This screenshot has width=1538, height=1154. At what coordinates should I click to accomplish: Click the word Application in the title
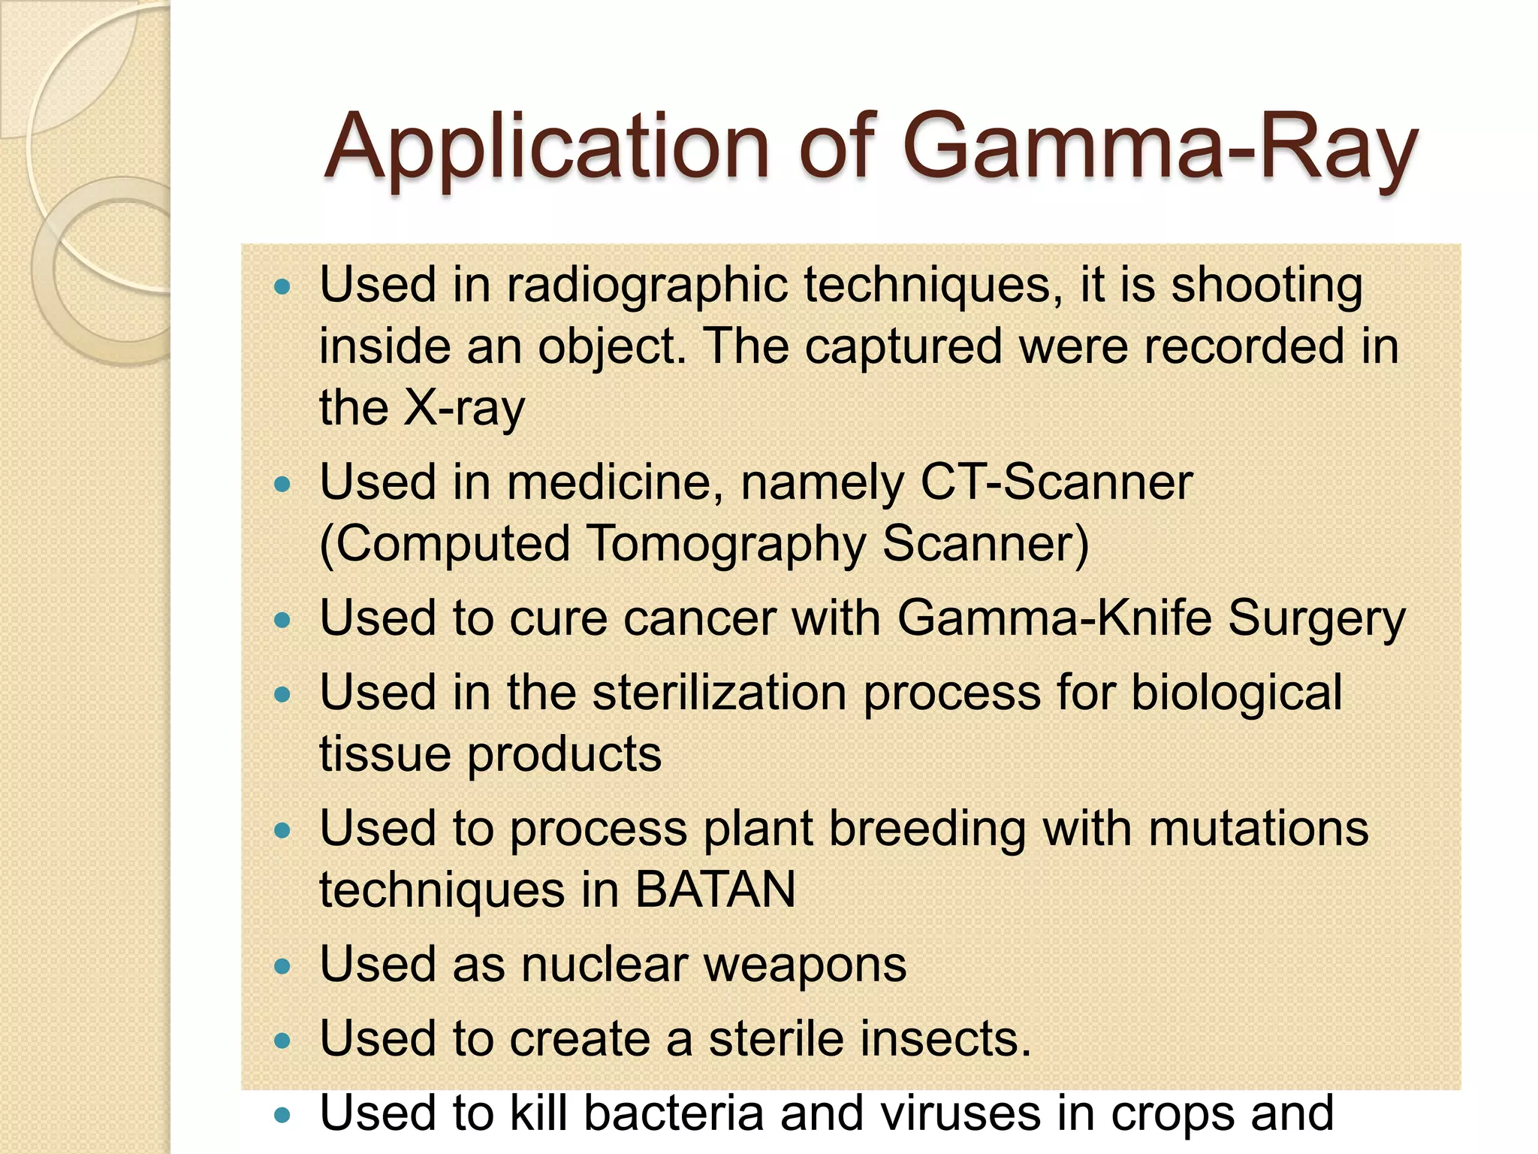[547, 147]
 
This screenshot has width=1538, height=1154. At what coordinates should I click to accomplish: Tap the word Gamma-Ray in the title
[1160, 147]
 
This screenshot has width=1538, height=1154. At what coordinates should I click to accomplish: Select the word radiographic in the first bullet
[647, 286]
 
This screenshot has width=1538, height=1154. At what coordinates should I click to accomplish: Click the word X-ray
[463, 408]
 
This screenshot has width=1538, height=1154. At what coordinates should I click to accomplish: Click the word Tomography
[725, 544]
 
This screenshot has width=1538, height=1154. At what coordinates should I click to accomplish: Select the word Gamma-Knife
[1054, 618]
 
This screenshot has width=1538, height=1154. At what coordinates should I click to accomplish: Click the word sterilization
[719, 692]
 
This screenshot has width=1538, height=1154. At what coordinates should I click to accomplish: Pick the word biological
[1236, 693]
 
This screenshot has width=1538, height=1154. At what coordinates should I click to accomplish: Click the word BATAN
[715, 890]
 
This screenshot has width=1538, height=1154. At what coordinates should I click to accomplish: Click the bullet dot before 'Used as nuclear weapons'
[282, 966]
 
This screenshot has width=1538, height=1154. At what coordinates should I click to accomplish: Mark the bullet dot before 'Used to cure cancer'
[282, 621]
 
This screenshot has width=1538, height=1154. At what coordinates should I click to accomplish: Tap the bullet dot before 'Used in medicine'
[282, 484]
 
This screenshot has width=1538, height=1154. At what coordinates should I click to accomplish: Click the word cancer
[699, 619]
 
